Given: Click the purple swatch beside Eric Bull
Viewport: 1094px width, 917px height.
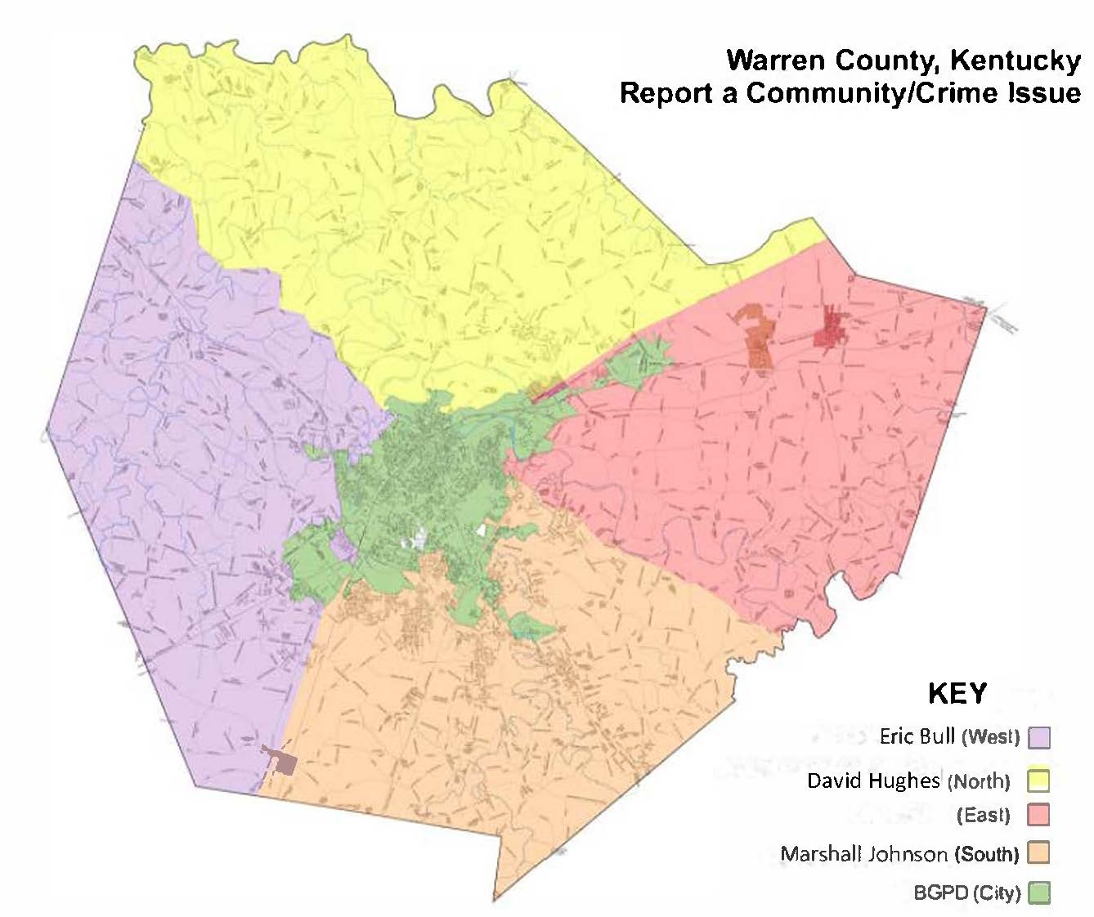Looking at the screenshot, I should tap(1039, 737).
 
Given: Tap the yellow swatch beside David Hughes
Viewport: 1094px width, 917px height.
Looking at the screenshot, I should tap(1039, 781).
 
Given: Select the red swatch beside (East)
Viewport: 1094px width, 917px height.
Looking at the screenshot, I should tap(1039, 815).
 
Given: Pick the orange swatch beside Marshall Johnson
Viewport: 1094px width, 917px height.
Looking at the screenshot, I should tap(1039, 853).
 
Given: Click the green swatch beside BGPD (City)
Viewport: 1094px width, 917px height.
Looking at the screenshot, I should tap(1039, 892).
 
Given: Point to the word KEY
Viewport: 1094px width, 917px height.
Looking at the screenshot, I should tap(957, 693).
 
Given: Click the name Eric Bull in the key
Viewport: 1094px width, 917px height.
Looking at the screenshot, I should tap(917, 736).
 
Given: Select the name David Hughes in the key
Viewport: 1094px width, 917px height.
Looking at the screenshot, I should tap(874, 781).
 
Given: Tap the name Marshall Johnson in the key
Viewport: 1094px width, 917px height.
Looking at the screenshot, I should tap(863, 854).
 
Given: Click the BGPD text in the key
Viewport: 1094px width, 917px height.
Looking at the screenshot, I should tap(940, 892).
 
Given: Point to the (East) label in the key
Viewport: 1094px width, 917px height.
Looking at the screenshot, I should tap(983, 816).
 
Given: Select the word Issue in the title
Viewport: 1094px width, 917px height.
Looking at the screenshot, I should tap(1044, 92).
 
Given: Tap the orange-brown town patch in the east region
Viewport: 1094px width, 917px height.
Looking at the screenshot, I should tap(758, 337).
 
